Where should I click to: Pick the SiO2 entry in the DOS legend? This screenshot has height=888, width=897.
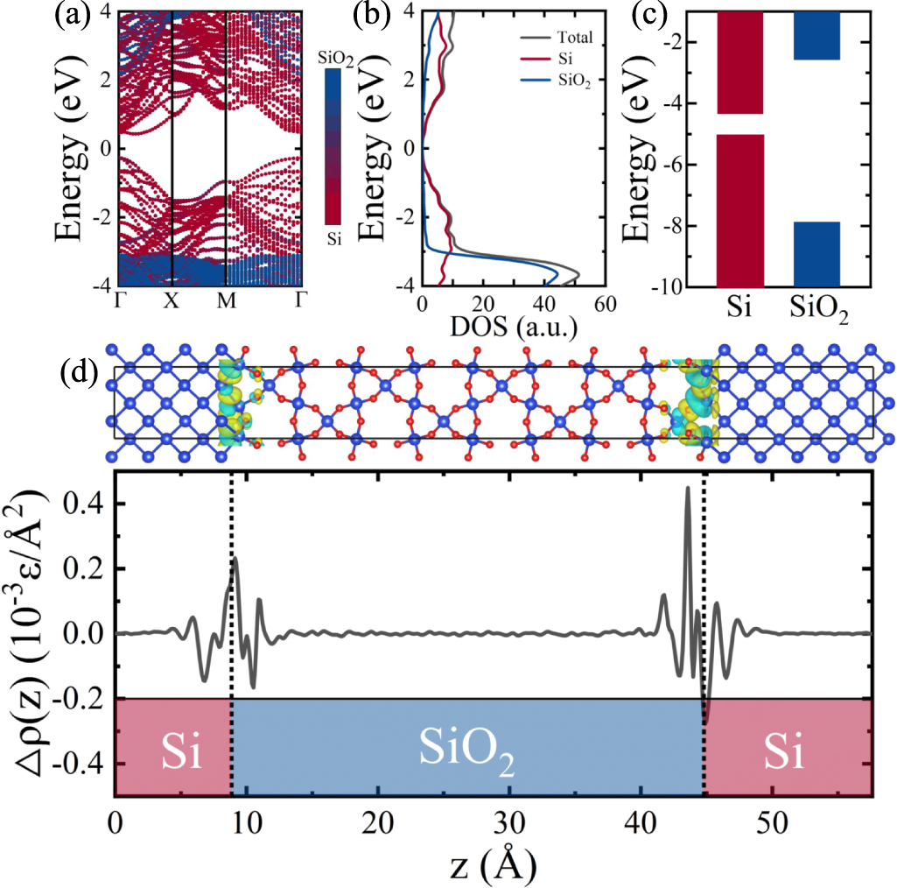click(x=576, y=80)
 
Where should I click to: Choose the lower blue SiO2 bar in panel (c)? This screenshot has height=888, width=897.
click(x=816, y=254)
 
